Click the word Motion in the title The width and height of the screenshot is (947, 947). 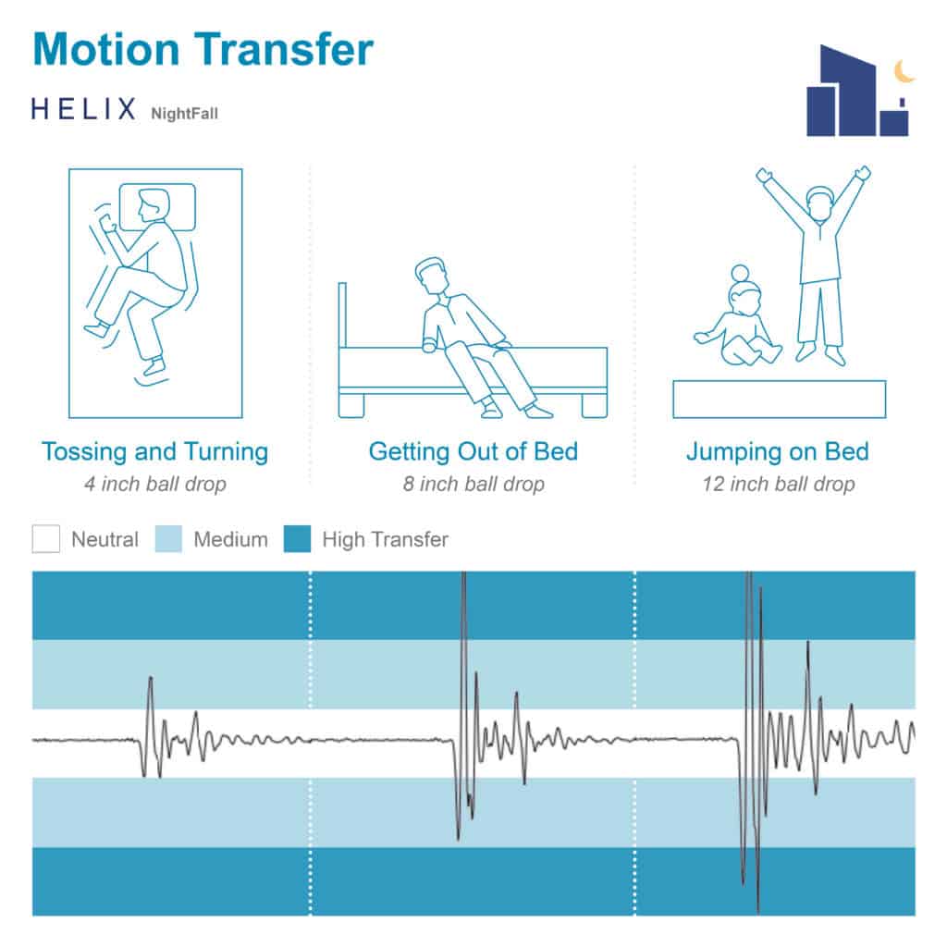pyautogui.click(x=106, y=49)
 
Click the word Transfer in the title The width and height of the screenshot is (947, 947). pyautogui.click(x=283, y=49)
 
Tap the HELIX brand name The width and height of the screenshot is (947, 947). pyautogui.click(x=83, y=109)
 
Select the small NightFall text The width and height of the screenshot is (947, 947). pyautogui.click(x=184, y=114)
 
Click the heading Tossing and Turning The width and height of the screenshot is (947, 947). pyautogui.click(x=155, y=451)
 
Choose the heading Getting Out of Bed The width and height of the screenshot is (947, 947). pyautogui.click(x=473, y=451)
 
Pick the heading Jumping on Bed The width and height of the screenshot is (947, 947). pyautogui.click(x=778, y=451)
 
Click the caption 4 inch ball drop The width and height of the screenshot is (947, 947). pyautogui.click(x=155, y=484)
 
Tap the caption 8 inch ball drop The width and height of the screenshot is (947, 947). pyautogui.click(x=473, y=484)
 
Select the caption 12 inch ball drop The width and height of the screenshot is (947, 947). pyautogui.click(x=778, y=484)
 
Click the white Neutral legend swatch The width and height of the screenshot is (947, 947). pyautogui.click(x=46, y=539)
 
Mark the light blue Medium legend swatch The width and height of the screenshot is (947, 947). pyautogui.click(x=168, y=539)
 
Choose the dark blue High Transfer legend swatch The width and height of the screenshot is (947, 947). pyautogui.click(x=297, y=539)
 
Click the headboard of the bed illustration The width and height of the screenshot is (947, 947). pyautogui.click(x=342, y=315)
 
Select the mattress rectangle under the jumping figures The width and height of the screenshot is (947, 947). pyautogui.click(x=779, y=400)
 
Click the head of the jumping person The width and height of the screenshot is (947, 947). pyautogui.click(x=820, y=204)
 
